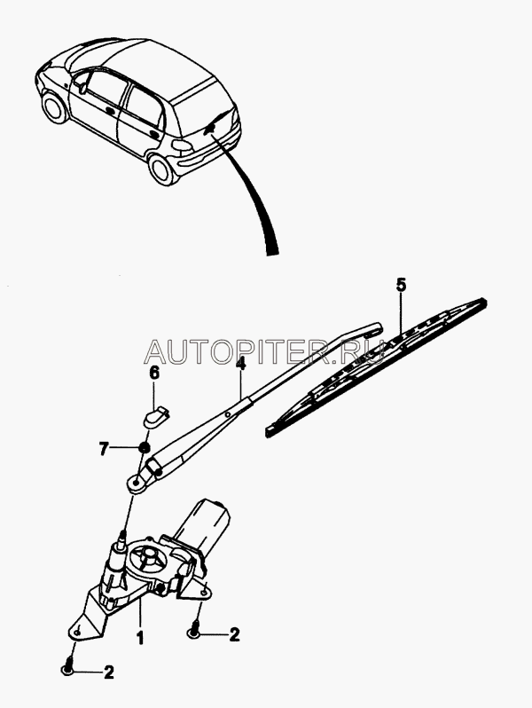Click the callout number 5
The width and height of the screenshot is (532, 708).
(x=400, y=287)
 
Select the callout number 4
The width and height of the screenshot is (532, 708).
(x=241, y=363)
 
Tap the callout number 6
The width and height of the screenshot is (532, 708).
(x=153, y=374)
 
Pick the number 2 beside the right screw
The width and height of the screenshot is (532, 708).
(x=234, y=633)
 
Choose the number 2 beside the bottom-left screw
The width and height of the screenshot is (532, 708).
(x=108, y=672)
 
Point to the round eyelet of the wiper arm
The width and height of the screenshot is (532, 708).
(x=135, y=483)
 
